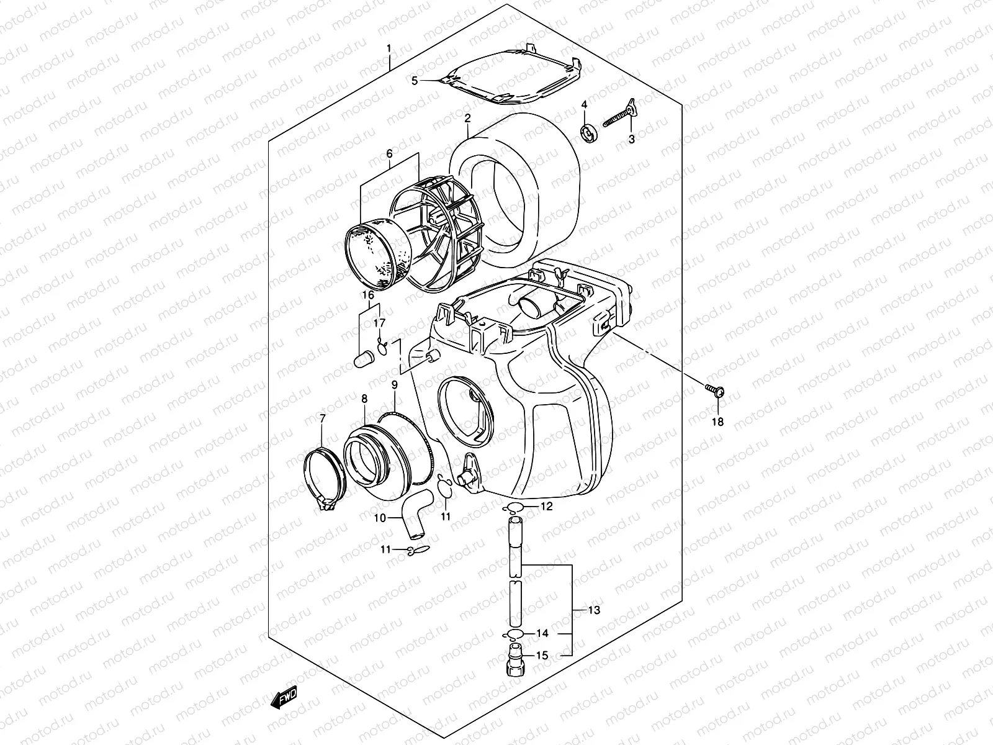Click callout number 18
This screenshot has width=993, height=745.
point(718,422)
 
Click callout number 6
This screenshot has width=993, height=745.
point(389,154)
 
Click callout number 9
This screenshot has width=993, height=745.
point(394,386)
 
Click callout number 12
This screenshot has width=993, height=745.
point(546,507)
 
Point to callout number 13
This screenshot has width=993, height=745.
point(594,610)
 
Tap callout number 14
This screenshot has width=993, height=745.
point(542,634)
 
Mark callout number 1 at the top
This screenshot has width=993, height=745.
point(389,48)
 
